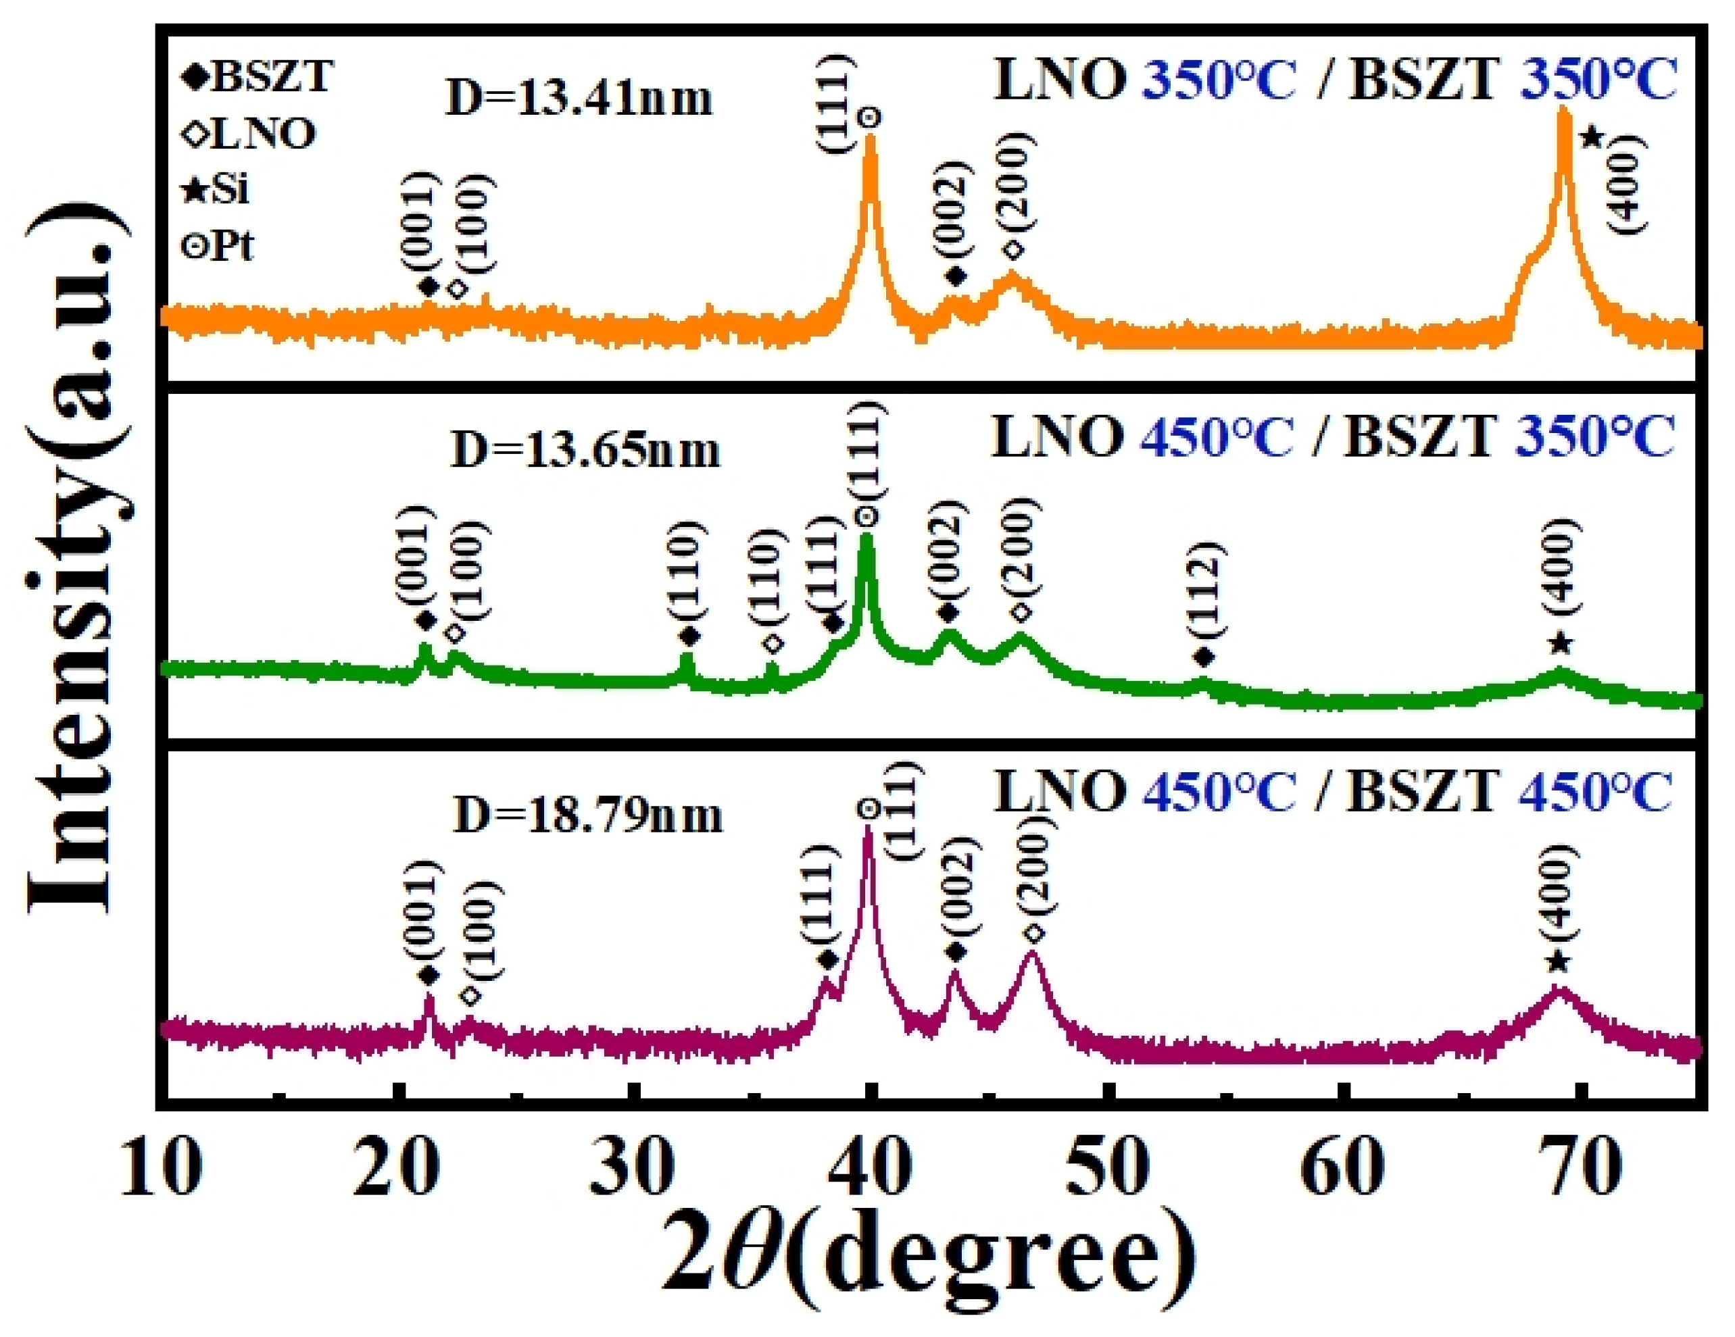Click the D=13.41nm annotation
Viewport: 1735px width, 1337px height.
coord(579,100)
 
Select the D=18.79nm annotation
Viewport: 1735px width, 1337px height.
coord(587,815)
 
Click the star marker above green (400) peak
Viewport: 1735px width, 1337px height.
coord(1560,643)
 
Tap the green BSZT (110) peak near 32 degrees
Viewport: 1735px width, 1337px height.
coord(687,657)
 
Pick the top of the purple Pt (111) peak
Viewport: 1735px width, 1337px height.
coord(868,829)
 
